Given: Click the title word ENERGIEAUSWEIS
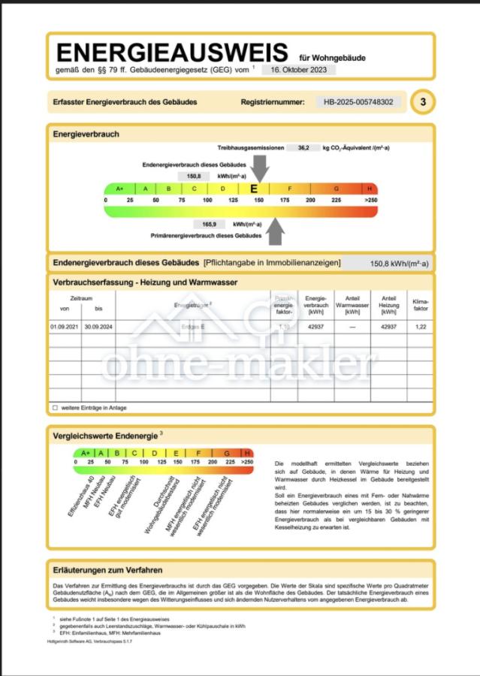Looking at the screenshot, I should [171, 53].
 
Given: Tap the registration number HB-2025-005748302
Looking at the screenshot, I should [358, 101].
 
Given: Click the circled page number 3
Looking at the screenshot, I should [422, 102].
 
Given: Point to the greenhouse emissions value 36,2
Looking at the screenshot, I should [303, 148].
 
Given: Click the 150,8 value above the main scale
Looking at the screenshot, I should [194, 175].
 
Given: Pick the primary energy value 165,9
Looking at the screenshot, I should [209, 224].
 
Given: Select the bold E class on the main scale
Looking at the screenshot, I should [254, 189].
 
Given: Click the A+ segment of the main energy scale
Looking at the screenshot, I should [119, 189].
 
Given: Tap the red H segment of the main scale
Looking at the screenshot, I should [370, 189].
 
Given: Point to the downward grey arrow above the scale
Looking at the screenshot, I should [259, 167].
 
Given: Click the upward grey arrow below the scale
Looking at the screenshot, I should [276, 231].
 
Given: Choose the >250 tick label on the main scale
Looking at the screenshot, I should [371, 201].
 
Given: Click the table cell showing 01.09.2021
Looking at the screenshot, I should [64, 327].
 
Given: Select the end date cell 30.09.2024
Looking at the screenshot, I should [98, 327].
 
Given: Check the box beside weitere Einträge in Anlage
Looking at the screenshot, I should [55, 407].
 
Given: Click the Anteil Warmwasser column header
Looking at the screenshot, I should [352, 302].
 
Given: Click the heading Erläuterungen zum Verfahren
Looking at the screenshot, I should [107, 570].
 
